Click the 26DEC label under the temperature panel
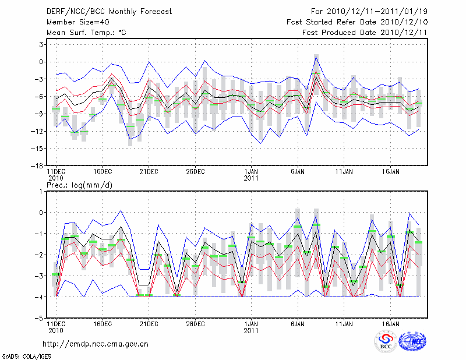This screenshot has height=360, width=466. click(x=196, y=172)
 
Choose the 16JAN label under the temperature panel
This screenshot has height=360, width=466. click(x=390, y=172)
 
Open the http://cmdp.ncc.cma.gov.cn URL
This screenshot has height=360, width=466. click(x=96, y=344)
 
